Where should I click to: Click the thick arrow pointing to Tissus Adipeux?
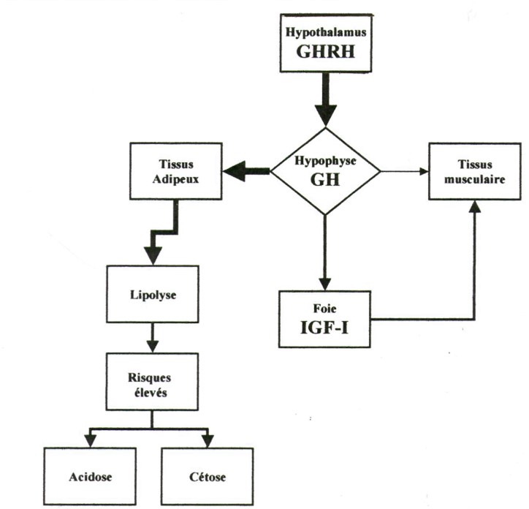pyautogui.click(x=245, y=173)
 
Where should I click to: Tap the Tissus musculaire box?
pyautogui.click(x=476, y=172)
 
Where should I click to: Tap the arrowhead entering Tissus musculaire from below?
pyautogui.click(x=476, y=208)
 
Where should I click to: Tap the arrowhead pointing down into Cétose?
pyautogui.click(x=208, y=440)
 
